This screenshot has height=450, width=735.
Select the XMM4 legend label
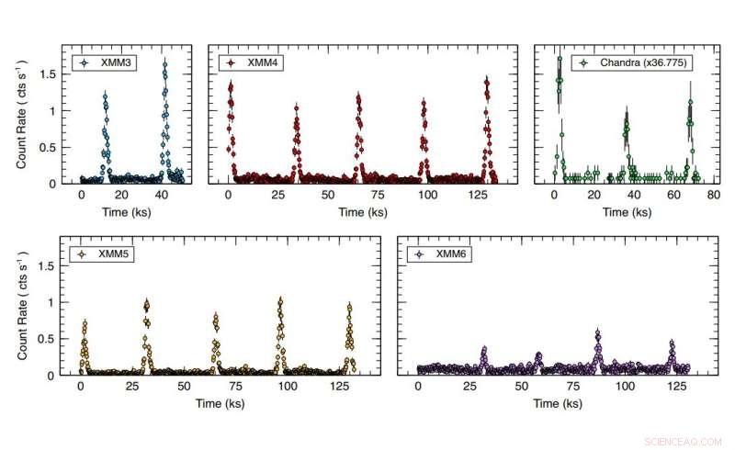(260, 63)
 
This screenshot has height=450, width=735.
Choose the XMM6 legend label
(450, 254)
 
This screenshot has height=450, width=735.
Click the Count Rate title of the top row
(21, 115)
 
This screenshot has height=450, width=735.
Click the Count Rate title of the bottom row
(21, 306)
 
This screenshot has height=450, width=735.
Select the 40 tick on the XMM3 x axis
(161, 196)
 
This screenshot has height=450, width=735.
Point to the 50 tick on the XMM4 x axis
(326, 196)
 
